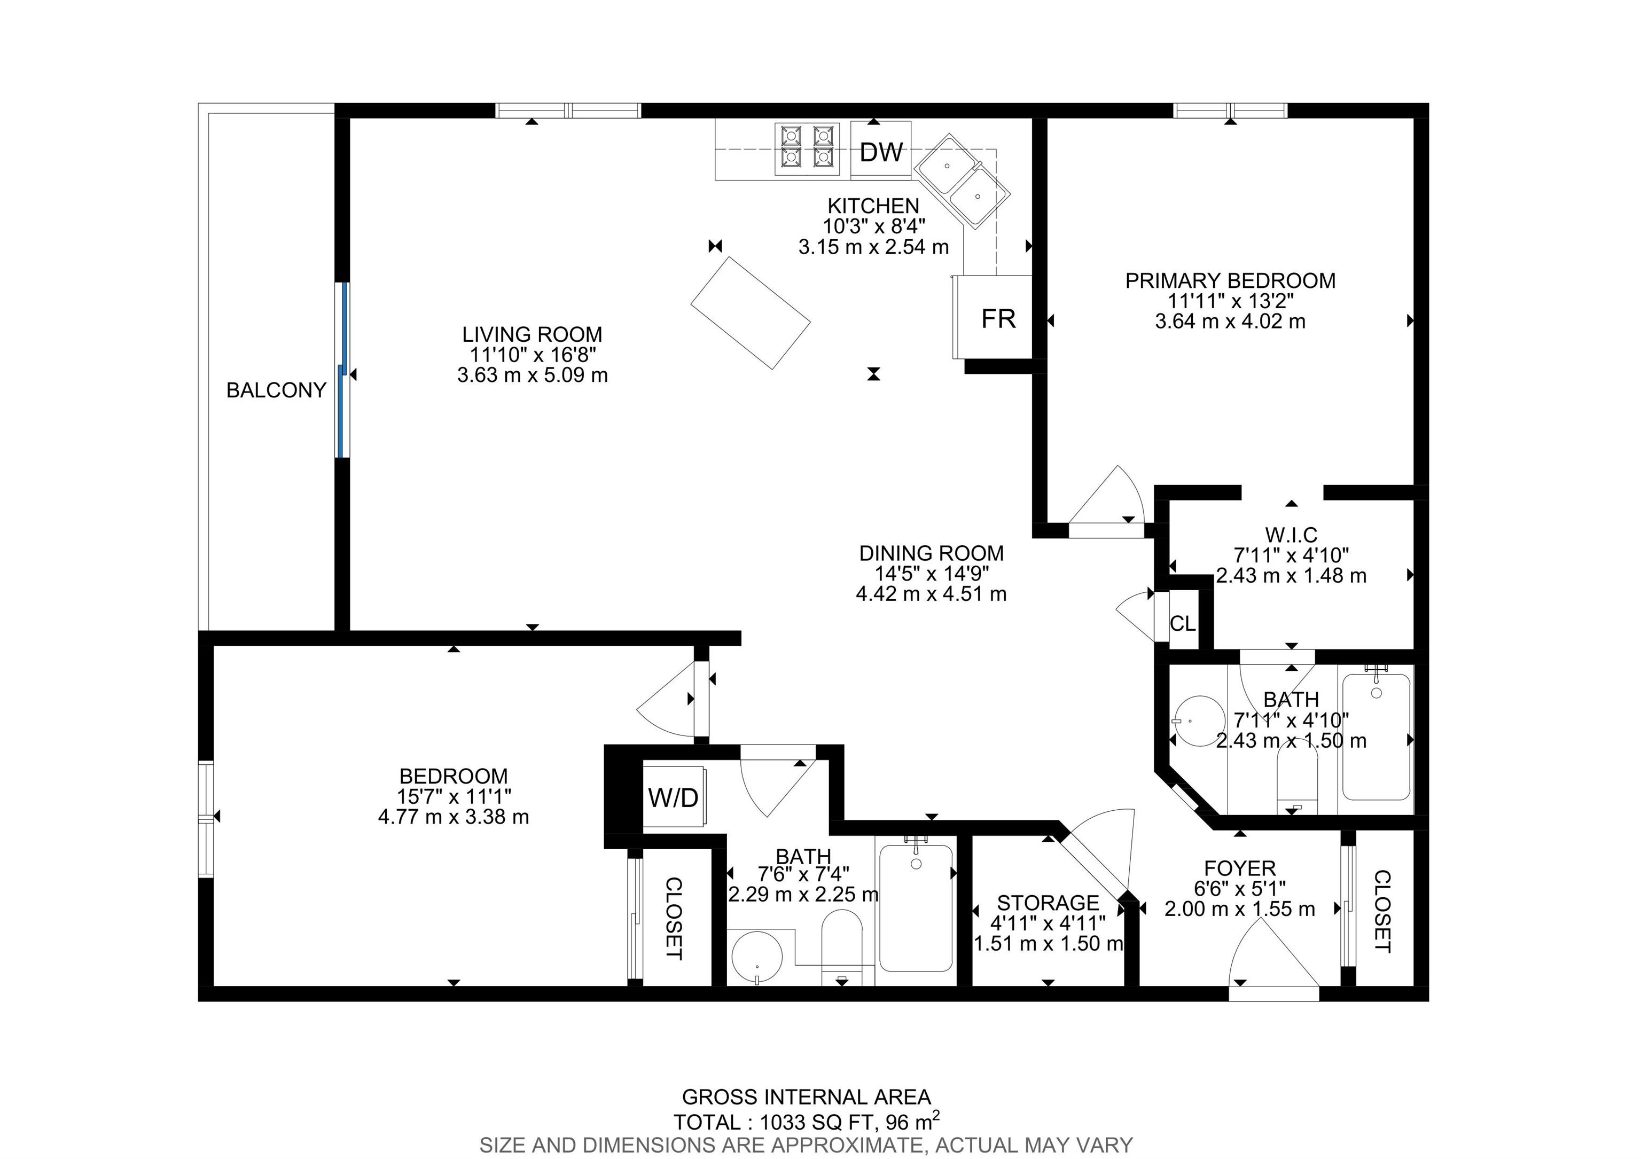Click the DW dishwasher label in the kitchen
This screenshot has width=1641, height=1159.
click(x=881, y=152)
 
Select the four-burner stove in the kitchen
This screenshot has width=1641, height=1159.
click(x=808, y=150)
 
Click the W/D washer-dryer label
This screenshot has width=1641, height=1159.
click(x=673, y=797)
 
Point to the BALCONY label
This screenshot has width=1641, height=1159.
click(x=276, y=390)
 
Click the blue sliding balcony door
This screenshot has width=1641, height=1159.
click(x=344, y=370)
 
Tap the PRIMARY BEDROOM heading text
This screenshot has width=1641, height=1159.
click(x=1230, y=281)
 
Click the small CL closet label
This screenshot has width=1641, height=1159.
click(x=1182, y=624)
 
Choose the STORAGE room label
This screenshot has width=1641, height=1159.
click(x=1048, y=903)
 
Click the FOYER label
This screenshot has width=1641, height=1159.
click(x=1239, y=868)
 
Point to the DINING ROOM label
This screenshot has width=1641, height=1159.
click(x=931, y=553)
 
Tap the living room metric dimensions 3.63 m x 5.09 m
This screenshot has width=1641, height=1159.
click(x=533, y=374)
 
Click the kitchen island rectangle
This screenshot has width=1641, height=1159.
click(x=751, y=313)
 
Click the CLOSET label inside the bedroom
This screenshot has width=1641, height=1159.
click(x=673, y=918)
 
